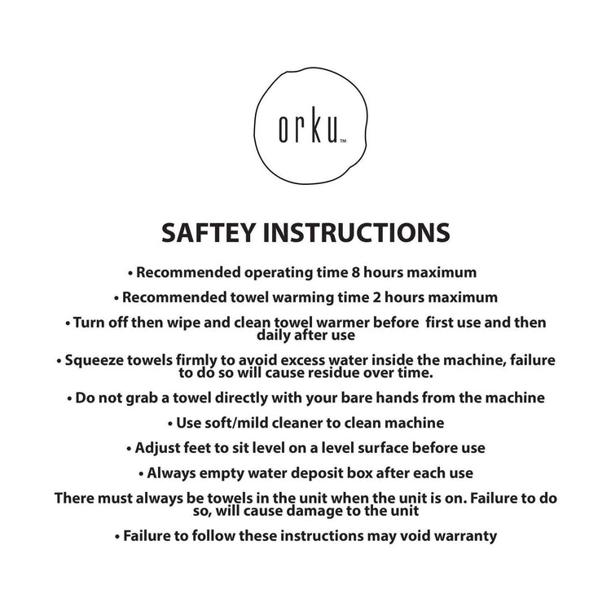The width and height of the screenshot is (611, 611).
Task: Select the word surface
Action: click(382, 447)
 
